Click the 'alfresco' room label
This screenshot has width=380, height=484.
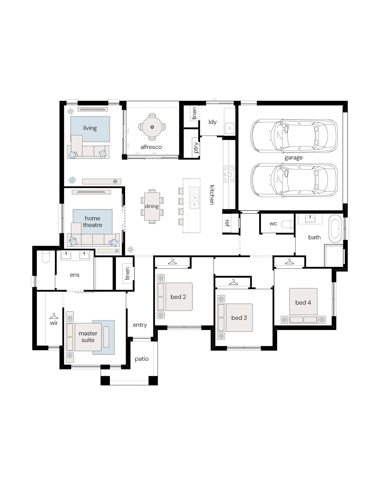coord(151,147)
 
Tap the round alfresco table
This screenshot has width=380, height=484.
coord(152,127)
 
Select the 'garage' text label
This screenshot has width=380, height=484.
coord(294,158)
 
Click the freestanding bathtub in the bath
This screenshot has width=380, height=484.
coord(335,229)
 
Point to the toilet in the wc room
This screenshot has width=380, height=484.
coord(287,224)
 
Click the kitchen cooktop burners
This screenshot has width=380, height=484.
coord(229,175)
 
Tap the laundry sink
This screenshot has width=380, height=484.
coord(229,128)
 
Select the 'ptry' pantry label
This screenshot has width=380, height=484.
coord(196,147)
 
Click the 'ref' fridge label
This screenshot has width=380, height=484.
coord(227,223)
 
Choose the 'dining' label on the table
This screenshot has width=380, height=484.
coord(151,206)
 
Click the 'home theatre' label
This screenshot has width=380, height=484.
coord(92,222)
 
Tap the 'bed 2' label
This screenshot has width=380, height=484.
coord(178,297)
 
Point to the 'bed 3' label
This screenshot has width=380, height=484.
coord(239,318)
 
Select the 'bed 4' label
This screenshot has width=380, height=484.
coord(303,302)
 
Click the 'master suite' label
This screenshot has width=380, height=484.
coord(88,337)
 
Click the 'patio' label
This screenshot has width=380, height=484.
coord(142,359)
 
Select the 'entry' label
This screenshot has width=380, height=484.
coord(140,325)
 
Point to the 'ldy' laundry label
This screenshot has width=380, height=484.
coord(212,122)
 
